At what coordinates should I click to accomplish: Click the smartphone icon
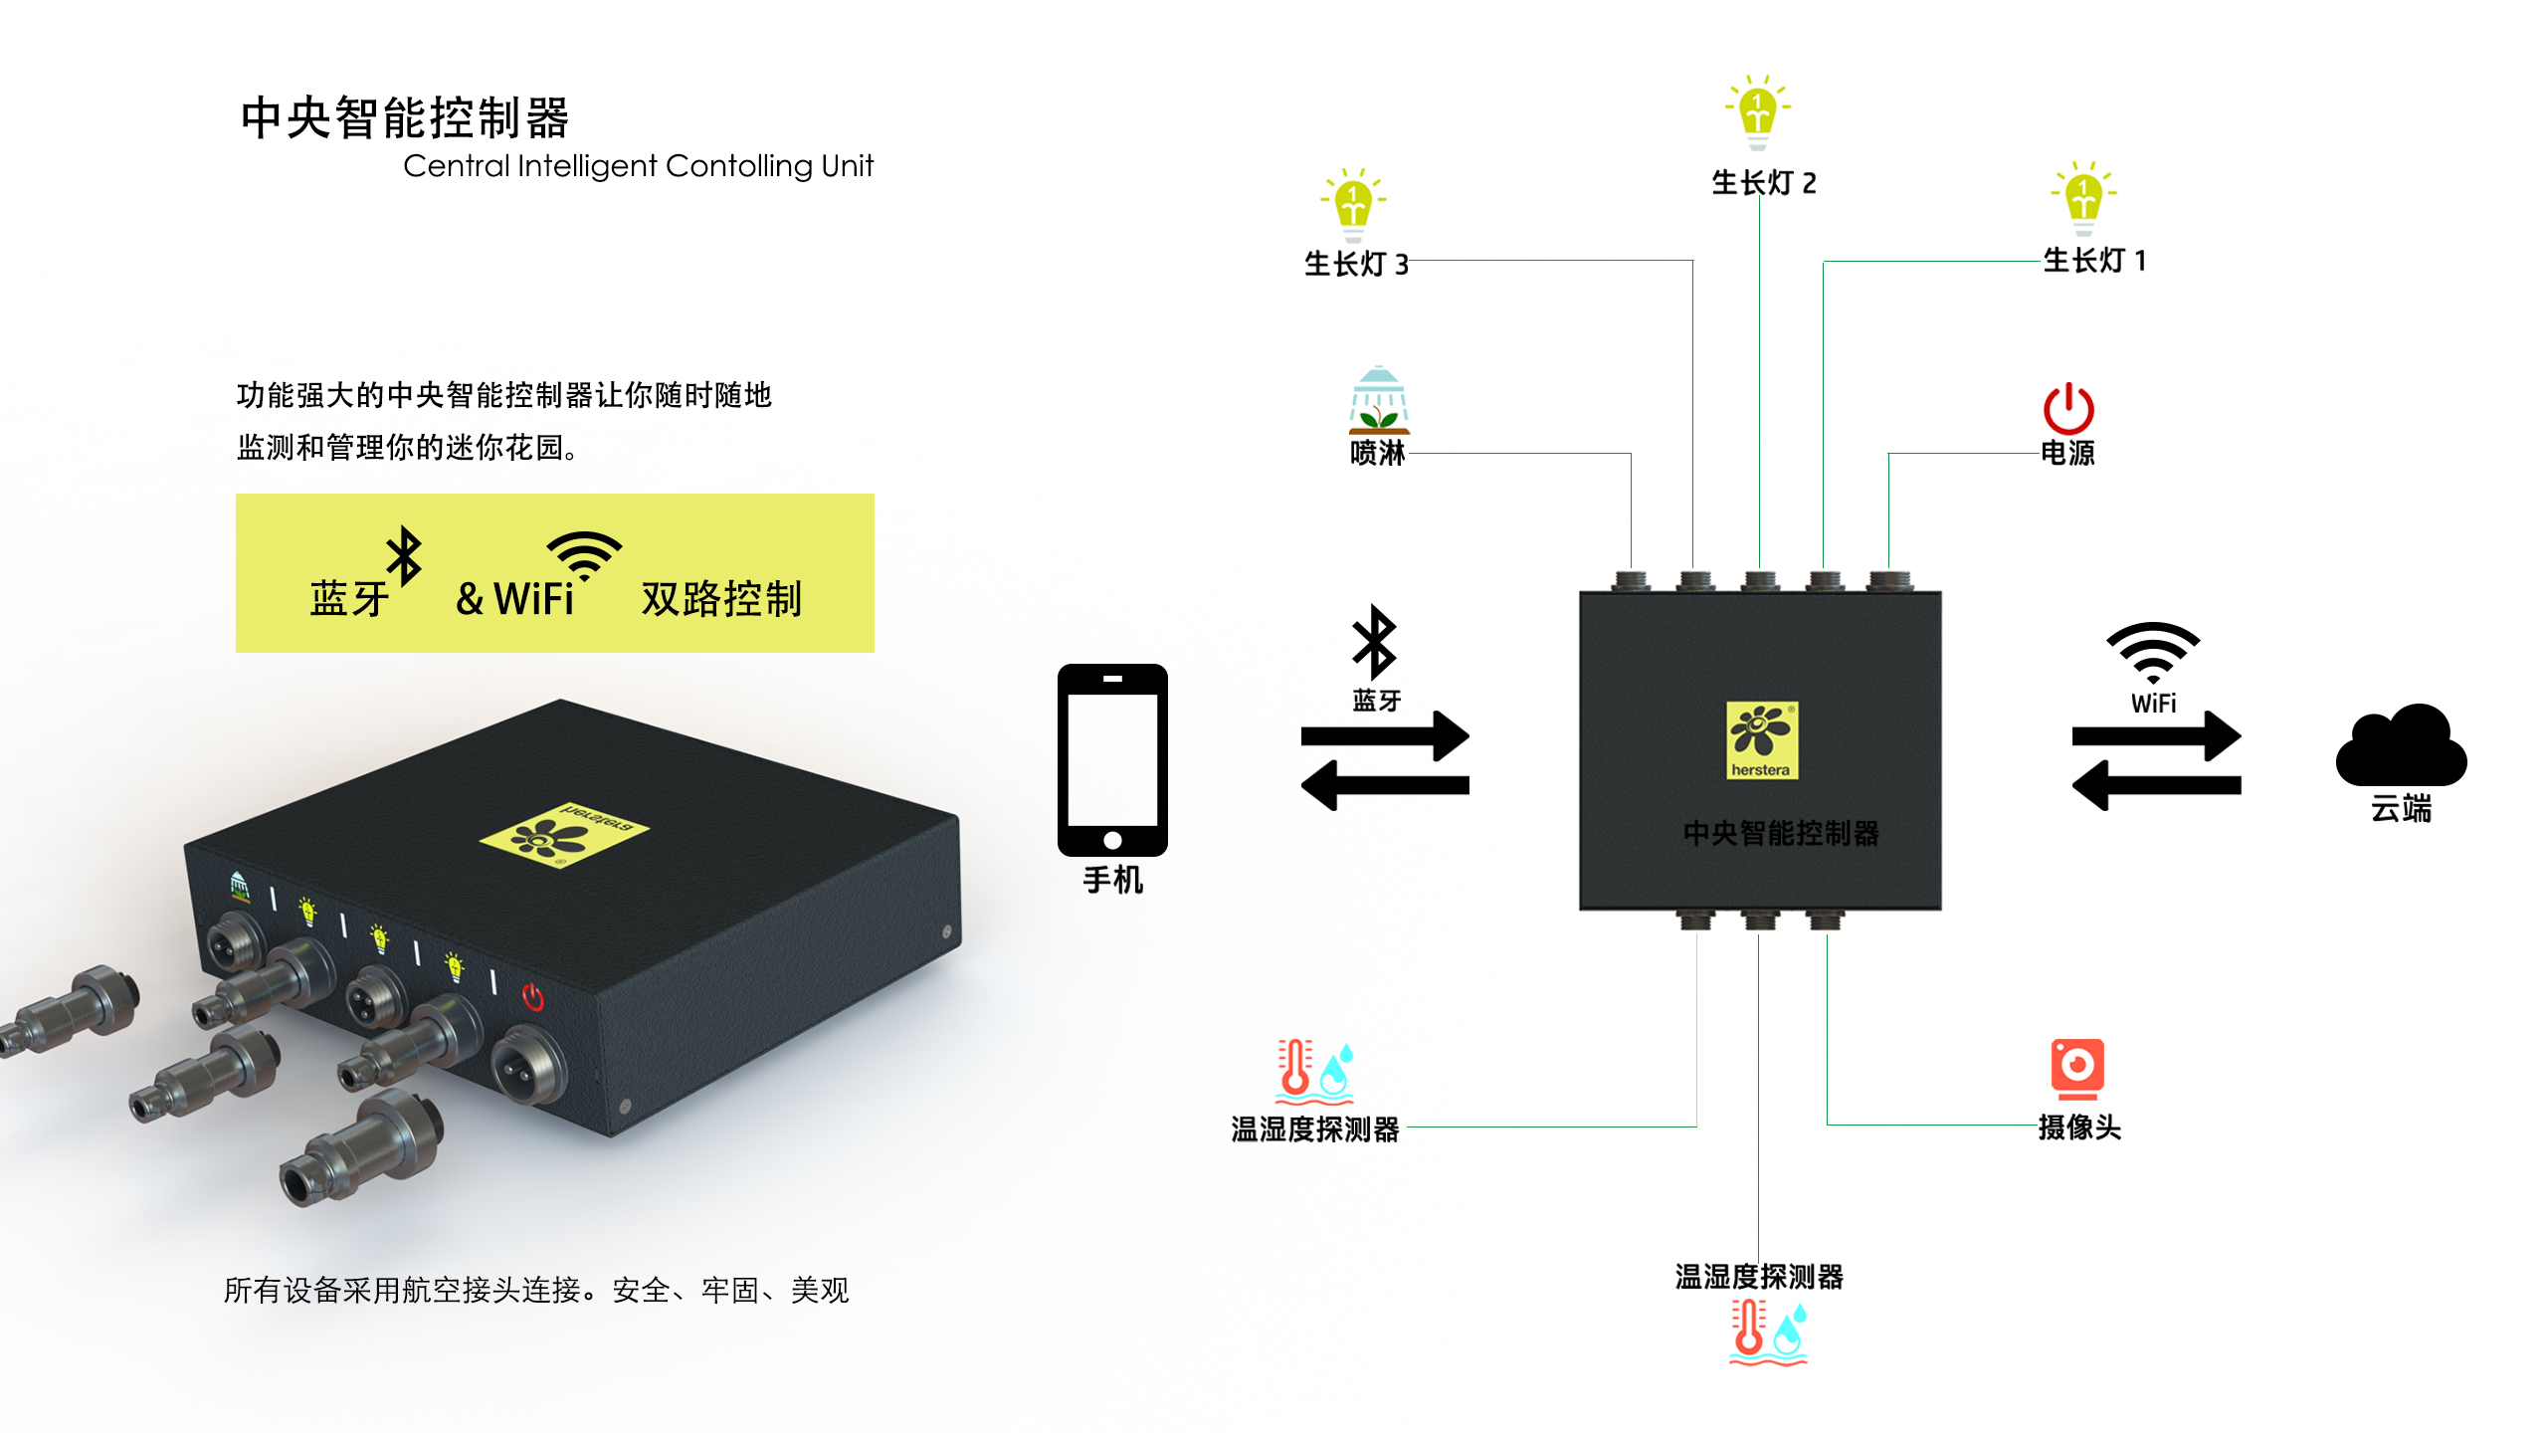click(1112, 758)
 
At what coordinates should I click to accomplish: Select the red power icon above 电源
click(2068, 409)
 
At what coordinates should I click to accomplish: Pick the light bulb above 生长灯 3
click(1353, 203)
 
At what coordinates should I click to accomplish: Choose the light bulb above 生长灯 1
click(2083, 196)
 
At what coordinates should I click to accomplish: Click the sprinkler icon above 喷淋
click(1378, 400)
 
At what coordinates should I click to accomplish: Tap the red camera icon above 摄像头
click(2077, 1067)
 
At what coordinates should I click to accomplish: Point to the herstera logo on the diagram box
click(1761, 740)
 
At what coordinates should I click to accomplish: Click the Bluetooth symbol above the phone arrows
click(1375, 642)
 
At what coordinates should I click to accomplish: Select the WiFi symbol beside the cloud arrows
click(2153, 652)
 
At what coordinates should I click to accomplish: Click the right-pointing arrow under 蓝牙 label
click(1385, 736)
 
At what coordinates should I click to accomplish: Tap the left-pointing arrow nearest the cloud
click(2156, 785)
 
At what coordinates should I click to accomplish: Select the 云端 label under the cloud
click(2401, 808)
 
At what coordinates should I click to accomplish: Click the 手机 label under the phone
click(1112, 880)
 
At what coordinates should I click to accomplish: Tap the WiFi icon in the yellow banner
click(584, 554)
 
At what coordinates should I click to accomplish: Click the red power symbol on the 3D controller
click(533, 996)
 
